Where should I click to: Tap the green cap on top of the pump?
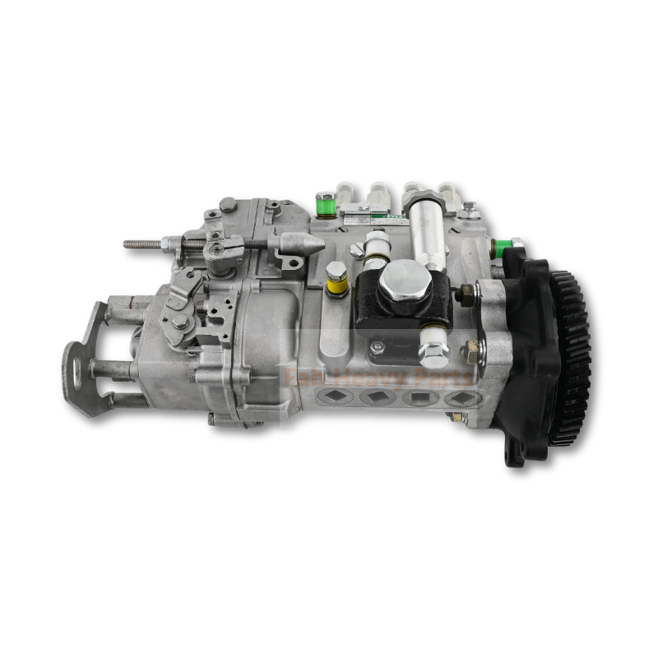tap(326, 202)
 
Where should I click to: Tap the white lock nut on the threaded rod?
tap(171, 243)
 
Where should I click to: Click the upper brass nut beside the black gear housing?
tap(466, 292)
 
